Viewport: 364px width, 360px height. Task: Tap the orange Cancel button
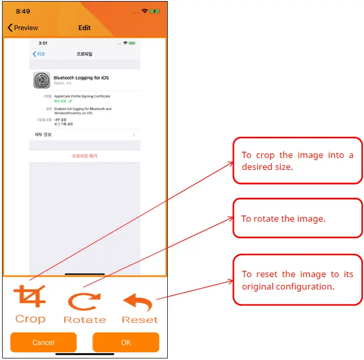point(43,342)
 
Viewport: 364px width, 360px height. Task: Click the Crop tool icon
point(30,297)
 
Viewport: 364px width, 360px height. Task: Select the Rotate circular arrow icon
point(84,301)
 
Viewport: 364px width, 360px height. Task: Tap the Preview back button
point(23,27)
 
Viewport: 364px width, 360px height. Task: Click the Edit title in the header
point(84,27)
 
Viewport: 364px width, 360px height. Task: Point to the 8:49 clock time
point(23,11)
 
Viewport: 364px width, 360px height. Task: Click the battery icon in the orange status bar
point(154,11)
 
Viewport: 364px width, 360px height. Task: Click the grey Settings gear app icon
point(41,80)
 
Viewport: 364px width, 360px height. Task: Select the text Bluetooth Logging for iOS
point(81,78)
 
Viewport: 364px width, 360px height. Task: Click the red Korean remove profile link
point(84,155)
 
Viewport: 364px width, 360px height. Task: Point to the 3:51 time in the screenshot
point(43,44)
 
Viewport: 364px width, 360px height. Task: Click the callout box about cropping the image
point(297,161)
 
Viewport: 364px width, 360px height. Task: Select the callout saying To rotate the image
point(297,219)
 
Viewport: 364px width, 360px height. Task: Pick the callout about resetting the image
point(297,280)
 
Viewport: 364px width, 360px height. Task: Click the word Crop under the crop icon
point(30,319)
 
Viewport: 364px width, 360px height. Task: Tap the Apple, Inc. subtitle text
point(63,83)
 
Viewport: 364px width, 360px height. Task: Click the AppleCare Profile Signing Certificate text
point(82,96)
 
